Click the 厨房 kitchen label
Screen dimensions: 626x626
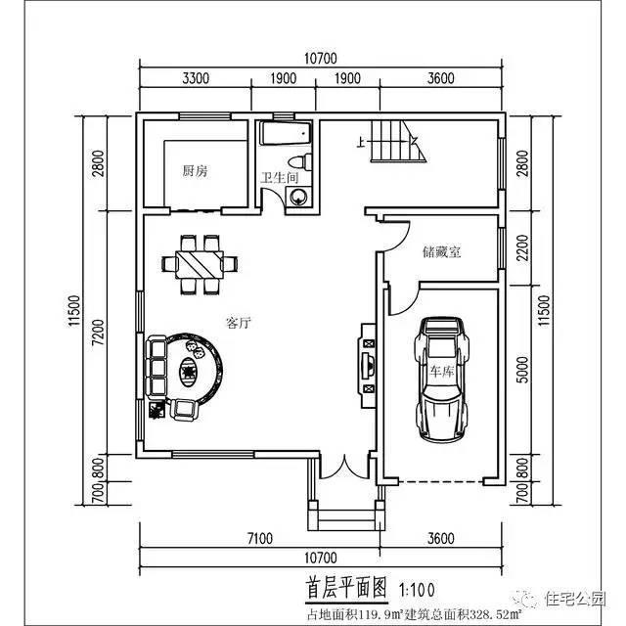point(196,171)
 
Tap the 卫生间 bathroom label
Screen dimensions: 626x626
point(278,179)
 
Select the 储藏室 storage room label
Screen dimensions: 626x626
point(442,251)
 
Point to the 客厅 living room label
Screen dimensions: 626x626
point(240,324)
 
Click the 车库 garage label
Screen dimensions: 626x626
point(443,372)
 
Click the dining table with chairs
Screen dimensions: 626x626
point(200,262)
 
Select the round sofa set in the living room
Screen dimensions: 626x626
point(186,371)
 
